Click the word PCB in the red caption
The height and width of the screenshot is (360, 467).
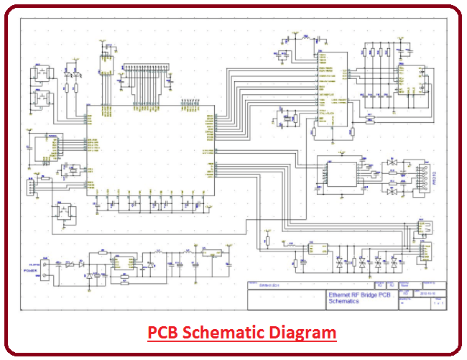pos(162,333)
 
